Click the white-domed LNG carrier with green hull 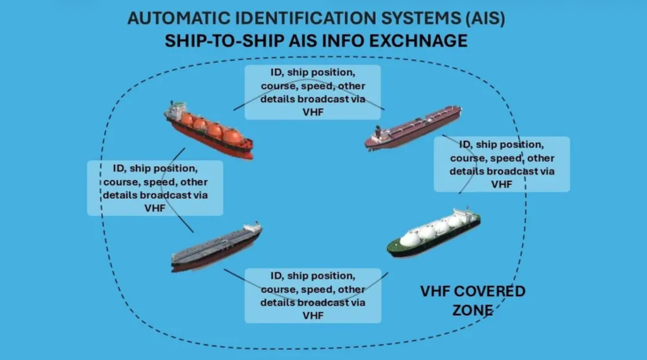[434, 232]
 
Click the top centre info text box [313, 92]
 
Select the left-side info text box [155, 188]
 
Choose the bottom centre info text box [313, 296]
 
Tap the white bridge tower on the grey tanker [253, 227]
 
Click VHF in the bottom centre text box [313, 315]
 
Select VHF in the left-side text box [155, 207]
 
